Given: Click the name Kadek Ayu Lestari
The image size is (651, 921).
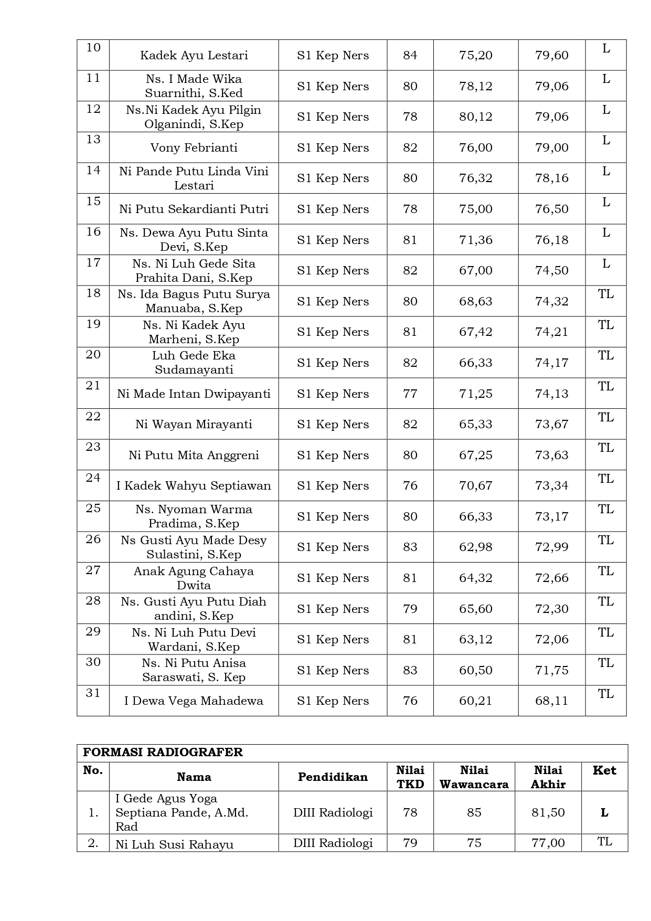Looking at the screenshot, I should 194,56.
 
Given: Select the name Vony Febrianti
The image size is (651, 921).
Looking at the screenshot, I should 194,148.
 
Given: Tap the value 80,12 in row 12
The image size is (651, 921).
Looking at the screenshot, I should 475,117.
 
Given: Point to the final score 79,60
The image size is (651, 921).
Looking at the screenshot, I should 551,56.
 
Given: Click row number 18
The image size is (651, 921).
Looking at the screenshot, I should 93,293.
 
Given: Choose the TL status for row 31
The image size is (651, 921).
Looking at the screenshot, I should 605,694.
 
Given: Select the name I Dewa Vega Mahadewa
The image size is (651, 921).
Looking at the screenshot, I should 194,701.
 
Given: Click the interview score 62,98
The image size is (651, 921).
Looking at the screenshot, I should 475,547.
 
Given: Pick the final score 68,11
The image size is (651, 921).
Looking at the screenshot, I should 551,701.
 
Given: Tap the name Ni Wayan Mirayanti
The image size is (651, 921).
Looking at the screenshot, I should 194,425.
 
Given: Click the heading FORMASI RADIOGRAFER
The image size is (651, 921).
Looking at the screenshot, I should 163,753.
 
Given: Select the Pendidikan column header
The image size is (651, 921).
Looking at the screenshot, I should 333,777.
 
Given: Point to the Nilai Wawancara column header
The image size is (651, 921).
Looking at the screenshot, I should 474,777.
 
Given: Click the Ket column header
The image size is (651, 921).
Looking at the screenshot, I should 604,770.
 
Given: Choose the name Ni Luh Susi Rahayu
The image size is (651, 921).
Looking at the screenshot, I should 174,844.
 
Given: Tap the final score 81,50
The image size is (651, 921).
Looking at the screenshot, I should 548,813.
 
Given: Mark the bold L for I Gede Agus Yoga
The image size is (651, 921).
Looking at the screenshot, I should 604,813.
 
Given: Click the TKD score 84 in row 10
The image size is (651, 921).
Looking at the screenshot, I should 410,56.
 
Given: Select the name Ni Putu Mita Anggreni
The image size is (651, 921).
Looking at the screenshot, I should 194,456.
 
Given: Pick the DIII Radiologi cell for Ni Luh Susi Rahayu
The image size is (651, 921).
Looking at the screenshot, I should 333,843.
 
